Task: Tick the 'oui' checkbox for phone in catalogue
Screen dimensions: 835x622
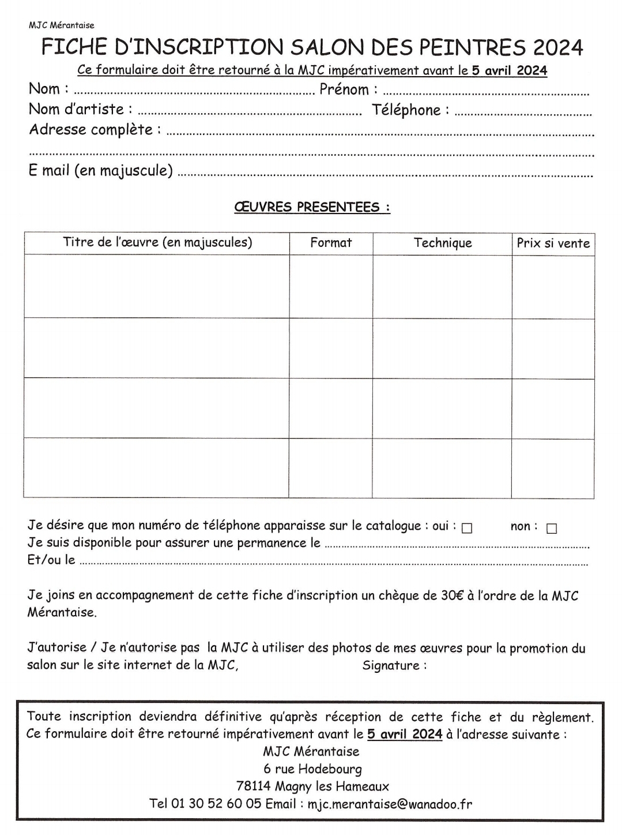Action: click(467, 528)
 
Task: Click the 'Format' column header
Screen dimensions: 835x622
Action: click(331, 243)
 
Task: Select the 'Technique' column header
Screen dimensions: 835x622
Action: click(443, 243)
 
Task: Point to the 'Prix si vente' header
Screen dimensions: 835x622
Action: click(553, 244)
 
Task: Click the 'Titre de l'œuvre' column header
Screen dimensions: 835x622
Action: click(157, 242)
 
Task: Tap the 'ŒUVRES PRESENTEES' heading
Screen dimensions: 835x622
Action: click(312, 207)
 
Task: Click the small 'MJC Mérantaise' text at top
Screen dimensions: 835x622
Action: click(61, 25)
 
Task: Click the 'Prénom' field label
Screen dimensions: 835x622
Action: click(344, 89)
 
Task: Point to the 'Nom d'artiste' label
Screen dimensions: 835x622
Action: click(77, 109)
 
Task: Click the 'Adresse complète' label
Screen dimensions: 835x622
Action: click(91, 130)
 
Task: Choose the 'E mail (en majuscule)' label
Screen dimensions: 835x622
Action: click(101, 171)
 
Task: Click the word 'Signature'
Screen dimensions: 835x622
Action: click(391, 665)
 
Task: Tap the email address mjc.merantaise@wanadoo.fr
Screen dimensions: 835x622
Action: click(390, 804)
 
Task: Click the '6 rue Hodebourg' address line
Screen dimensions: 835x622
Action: click(312, 769)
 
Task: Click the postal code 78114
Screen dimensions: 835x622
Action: click(254, 787)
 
